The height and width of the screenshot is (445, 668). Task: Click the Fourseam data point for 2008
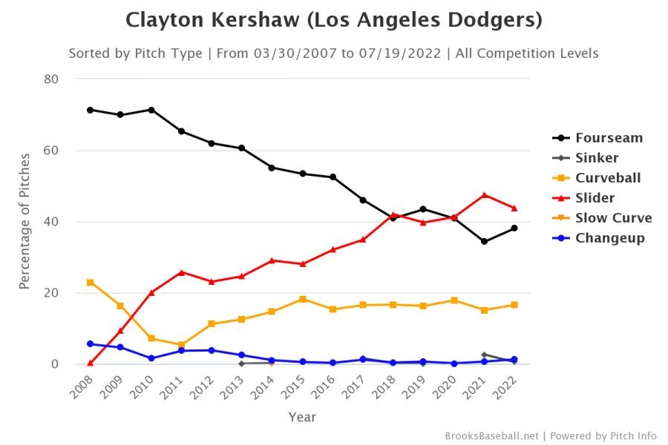[90, 110]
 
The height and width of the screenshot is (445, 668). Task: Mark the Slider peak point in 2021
[484, 195]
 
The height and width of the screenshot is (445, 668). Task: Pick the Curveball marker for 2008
[90, 283]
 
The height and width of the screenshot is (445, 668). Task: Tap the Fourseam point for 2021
[484, 242]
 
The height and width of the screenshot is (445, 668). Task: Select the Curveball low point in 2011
[181, 345]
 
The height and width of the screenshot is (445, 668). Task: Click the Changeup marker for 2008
[90, 344]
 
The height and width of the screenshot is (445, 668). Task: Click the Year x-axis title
[302, 418]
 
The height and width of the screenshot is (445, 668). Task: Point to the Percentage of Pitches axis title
[24, 221]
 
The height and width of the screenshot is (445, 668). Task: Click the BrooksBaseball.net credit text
[493, 435]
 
